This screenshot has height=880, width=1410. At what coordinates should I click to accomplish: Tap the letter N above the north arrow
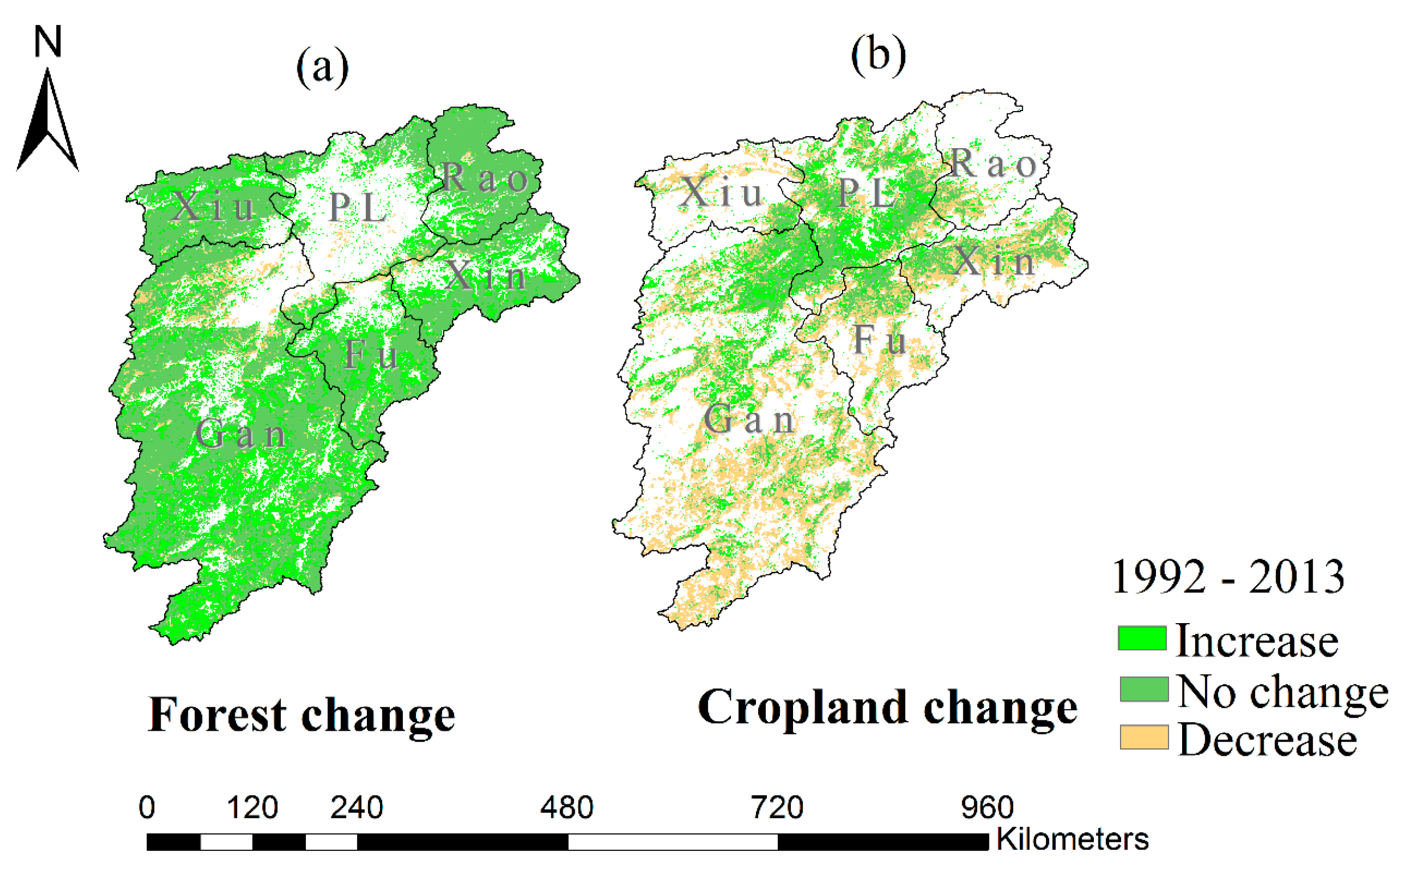tap(48, 42)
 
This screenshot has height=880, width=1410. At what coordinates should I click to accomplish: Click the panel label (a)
tap(322, 68)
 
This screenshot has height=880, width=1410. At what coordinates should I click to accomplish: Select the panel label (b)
tap(878, 55)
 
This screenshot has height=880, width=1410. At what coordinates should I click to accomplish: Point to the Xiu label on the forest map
tap(214, 206)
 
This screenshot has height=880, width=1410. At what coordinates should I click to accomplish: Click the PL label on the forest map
tap(358, 208)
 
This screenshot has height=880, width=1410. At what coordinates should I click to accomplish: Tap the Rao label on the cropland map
tap(993, 163)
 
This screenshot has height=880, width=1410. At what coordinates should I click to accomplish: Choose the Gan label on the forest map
tap(240, 434)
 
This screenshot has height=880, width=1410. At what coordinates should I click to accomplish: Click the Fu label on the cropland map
tap(880, 340)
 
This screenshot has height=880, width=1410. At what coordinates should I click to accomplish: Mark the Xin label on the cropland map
tap(993, 261)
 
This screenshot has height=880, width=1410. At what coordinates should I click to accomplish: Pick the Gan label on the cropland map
tap(749, 419)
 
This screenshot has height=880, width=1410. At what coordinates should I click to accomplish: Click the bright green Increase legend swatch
tap(1142, 638)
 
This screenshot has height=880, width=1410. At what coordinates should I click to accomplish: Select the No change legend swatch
tap(1144, 689)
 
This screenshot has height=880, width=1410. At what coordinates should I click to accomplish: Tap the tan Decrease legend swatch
tap(1144, 738)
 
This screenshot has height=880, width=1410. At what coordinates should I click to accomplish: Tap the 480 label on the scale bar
tap(566, 808)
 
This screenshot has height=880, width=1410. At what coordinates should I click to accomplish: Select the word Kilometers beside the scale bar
tap(1072, 839)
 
